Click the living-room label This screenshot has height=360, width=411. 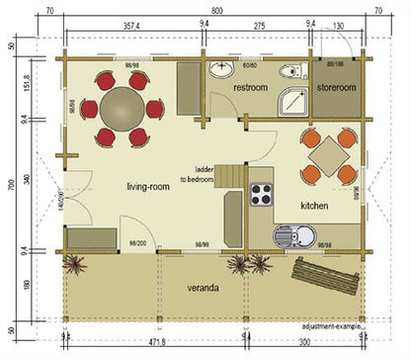point(150,186)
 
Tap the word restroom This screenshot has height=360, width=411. point(251,88)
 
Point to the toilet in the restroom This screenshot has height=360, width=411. point(288,70)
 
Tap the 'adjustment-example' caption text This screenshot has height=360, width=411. point(332,323)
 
